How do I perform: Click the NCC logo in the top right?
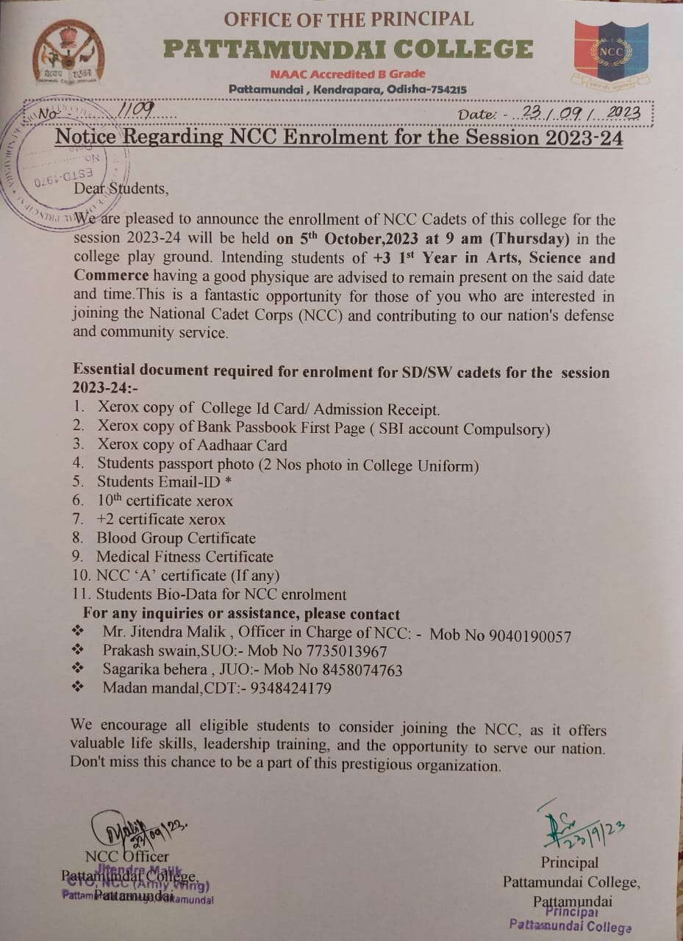point(610,53)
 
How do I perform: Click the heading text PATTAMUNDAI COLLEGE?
point(348,49)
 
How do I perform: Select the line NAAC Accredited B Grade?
point(347,74)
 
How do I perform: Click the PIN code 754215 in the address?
point(444,90)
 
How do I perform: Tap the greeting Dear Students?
point(121,189)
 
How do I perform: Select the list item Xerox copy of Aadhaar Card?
point(192,445)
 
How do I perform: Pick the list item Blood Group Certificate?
point(176,538)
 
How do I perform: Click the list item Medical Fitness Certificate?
point(185,557)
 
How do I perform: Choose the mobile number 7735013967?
point(343,651)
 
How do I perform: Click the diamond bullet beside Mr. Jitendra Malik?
point(78,631)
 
